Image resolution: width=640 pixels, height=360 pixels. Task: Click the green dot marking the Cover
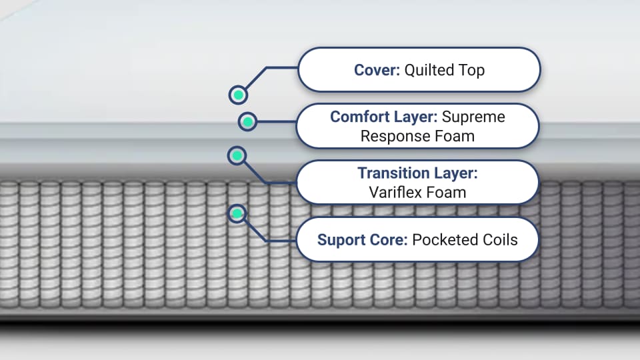click(238, 95)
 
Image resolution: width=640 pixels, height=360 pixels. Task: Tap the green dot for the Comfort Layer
click(247, 121)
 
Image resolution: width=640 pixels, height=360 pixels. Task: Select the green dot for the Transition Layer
click(237, 156)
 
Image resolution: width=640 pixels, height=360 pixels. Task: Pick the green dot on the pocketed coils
click(237, 213)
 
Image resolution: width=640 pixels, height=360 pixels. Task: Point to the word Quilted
click(430, 70)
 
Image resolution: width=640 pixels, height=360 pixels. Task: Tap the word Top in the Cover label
click(471, 70)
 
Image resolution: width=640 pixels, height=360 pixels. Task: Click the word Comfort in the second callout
click(358, 117)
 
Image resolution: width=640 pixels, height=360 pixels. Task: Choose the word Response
click(393, 136)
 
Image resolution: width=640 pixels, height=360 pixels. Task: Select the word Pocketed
click(443, 240)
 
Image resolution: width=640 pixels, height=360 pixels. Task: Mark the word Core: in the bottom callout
click(387, 240)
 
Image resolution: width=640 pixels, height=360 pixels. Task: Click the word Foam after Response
click(452, 136)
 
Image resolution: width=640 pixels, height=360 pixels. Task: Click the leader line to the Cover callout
click(280, 67)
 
